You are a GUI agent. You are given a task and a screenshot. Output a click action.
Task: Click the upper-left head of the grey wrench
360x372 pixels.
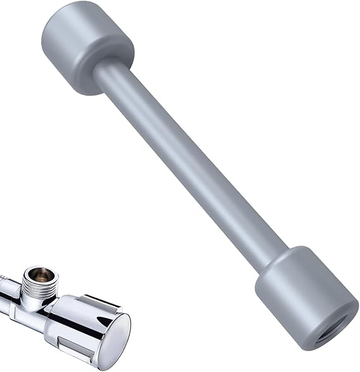87,47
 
